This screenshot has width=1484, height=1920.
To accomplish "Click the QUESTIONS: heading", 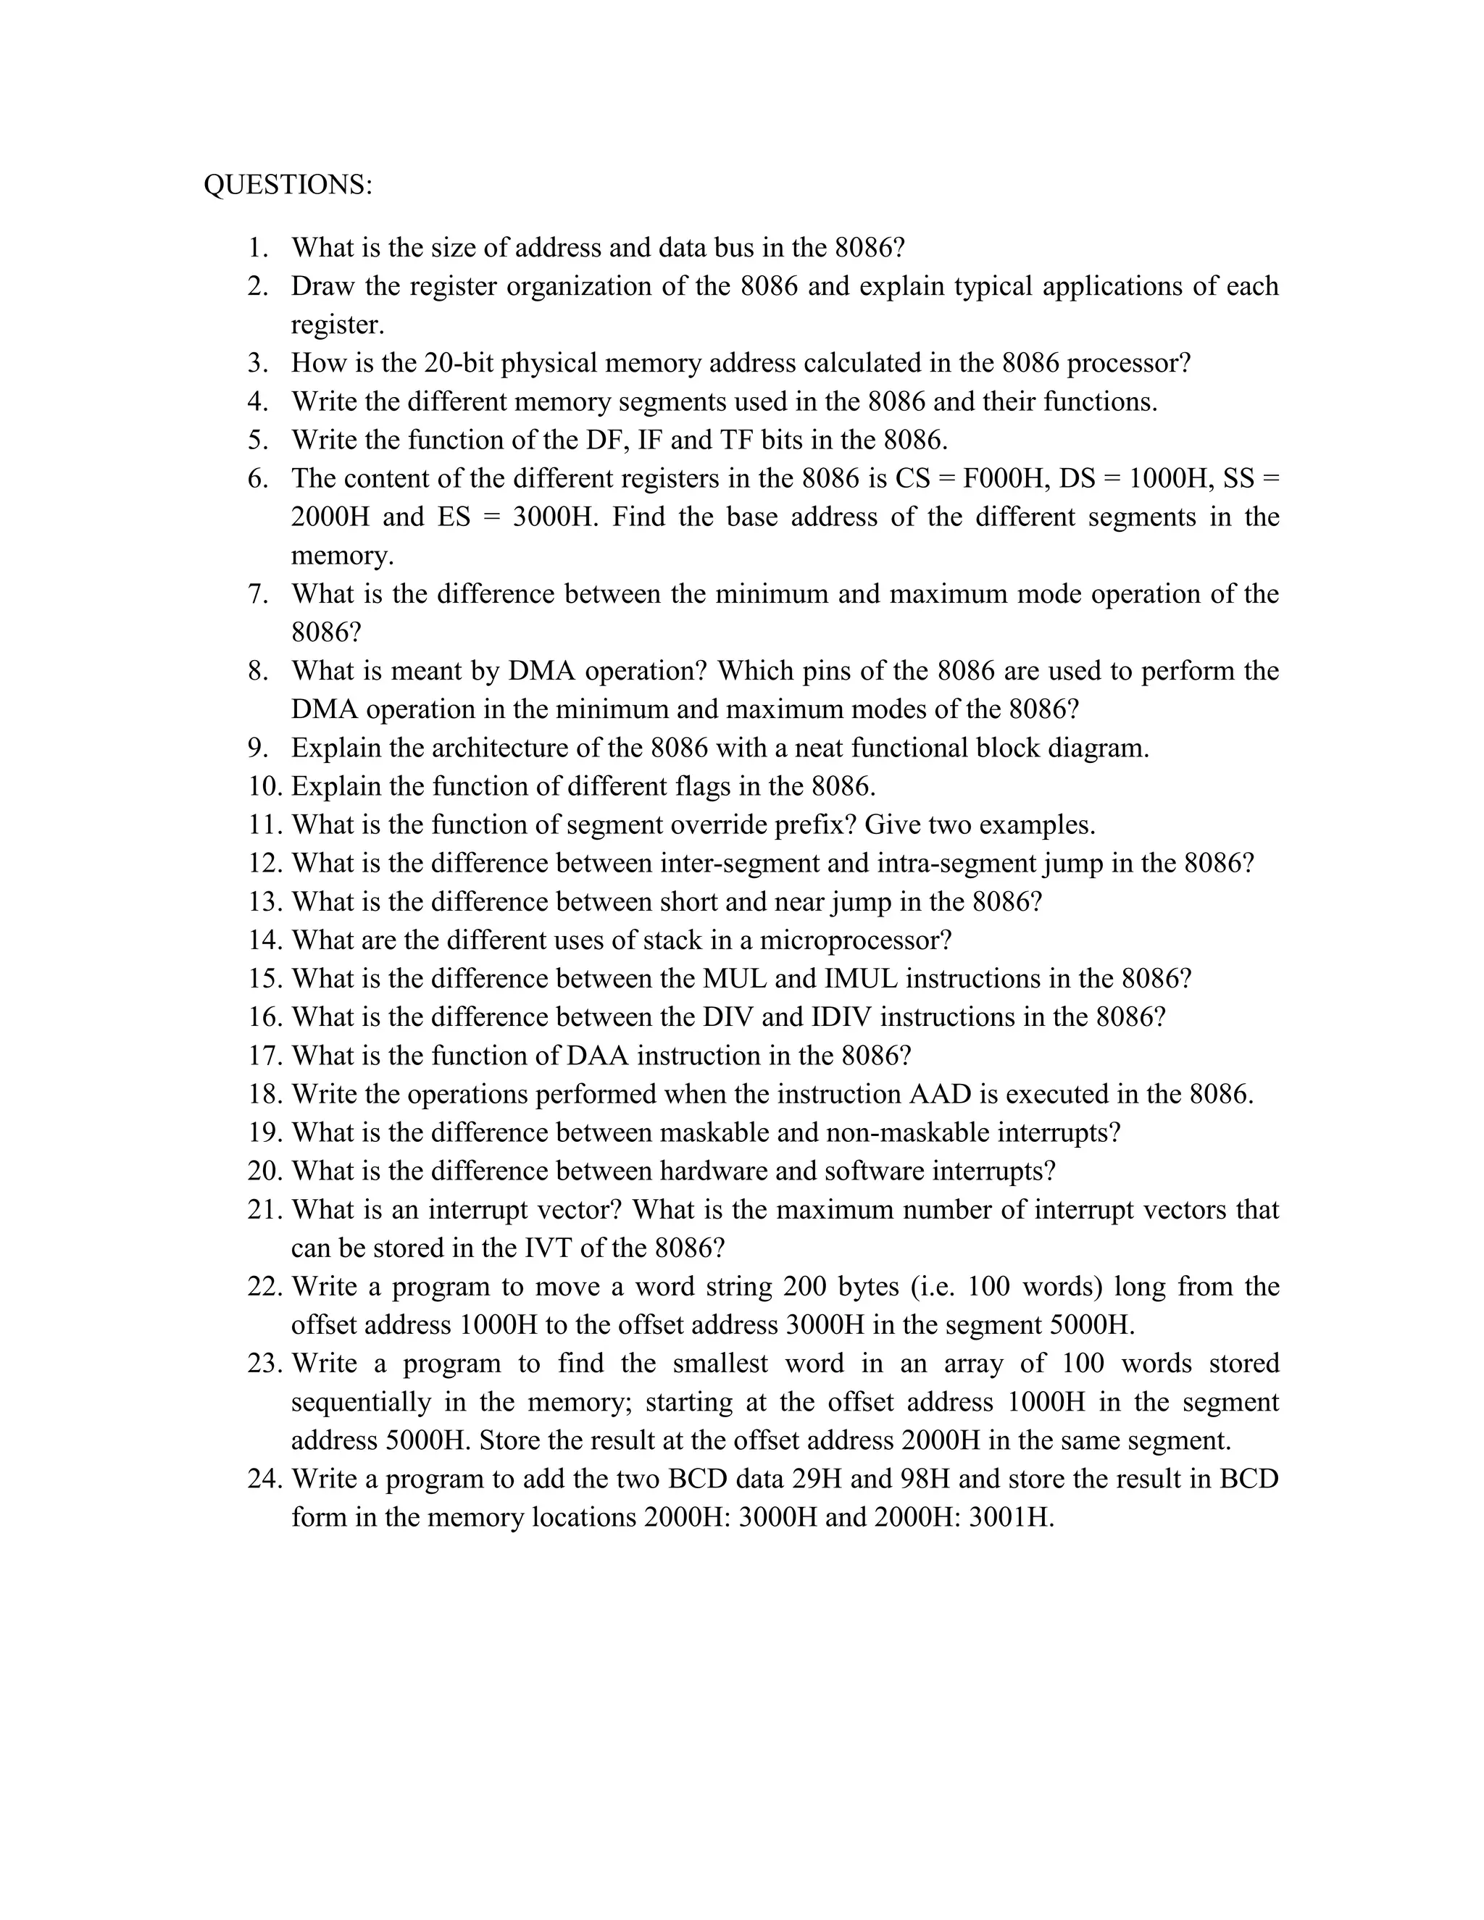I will (288, 185).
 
